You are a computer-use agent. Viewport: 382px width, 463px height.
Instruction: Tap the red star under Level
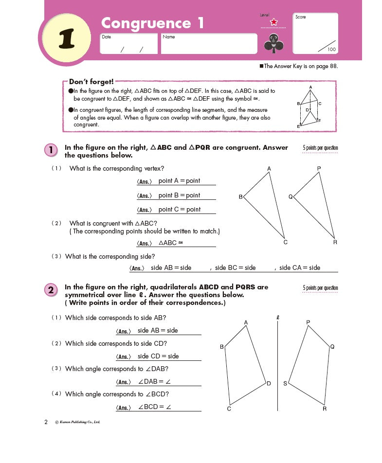273,22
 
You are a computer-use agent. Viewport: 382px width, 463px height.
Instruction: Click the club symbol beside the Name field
273,45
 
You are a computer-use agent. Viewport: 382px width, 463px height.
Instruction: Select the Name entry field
209,44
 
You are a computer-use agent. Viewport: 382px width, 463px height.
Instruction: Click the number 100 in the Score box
331,49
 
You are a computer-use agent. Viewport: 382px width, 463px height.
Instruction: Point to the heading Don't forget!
91,82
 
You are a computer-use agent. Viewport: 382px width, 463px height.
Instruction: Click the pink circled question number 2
51,291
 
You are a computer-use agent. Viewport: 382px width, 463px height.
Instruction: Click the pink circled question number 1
51,150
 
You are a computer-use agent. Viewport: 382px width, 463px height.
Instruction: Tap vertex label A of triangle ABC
269,168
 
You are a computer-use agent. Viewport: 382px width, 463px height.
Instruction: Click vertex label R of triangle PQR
335,242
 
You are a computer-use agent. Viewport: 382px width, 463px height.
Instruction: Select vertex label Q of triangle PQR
291,196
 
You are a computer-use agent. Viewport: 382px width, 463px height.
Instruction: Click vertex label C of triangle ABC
286,242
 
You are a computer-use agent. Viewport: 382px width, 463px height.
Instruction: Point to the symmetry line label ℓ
277,318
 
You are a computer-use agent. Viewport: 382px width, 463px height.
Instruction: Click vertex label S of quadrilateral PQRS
285,384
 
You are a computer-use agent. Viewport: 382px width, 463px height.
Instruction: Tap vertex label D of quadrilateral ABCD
269,383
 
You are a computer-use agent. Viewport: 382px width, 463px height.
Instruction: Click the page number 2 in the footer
46,422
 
